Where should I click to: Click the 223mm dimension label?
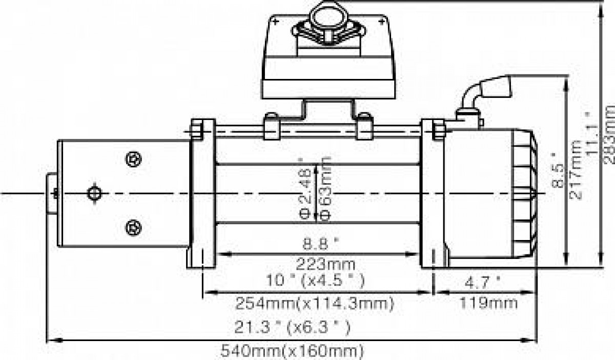(x=325, y=265)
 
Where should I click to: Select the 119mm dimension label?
(x=488, y=303)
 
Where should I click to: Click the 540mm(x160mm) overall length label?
(x=293, y=351)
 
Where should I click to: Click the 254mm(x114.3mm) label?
(x=315, y=304)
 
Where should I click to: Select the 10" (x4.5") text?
(x=316, y=281)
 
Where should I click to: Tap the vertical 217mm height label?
(x=575, y=170)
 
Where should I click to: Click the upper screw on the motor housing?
(x=134, y=159)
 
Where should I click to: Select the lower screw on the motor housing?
(x=134, y=228)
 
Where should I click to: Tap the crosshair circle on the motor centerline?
(x=94, y=193)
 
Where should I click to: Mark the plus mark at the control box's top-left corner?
(x=276, y=21)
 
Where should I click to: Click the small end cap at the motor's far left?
(x=52, y=193)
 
